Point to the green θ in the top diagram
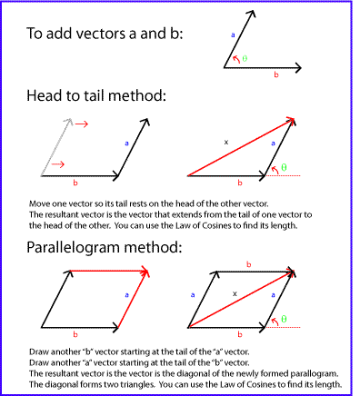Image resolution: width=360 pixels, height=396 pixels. tap(245, 58)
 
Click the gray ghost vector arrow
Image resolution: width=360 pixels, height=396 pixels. tap(54, 145)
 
